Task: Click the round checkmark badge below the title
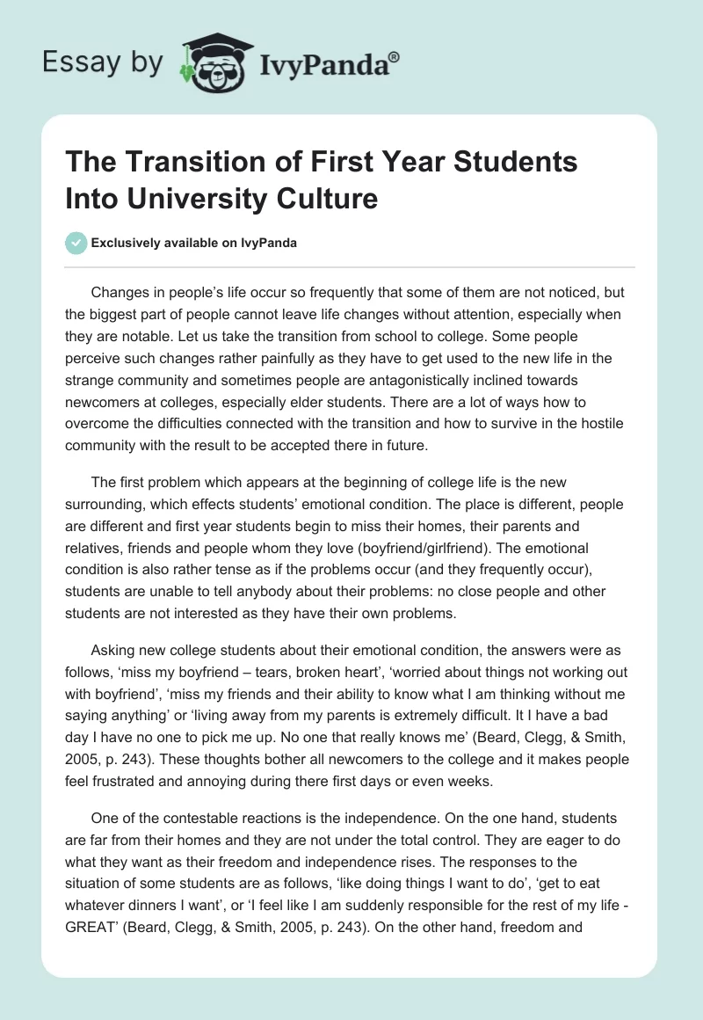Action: point(76,243)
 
